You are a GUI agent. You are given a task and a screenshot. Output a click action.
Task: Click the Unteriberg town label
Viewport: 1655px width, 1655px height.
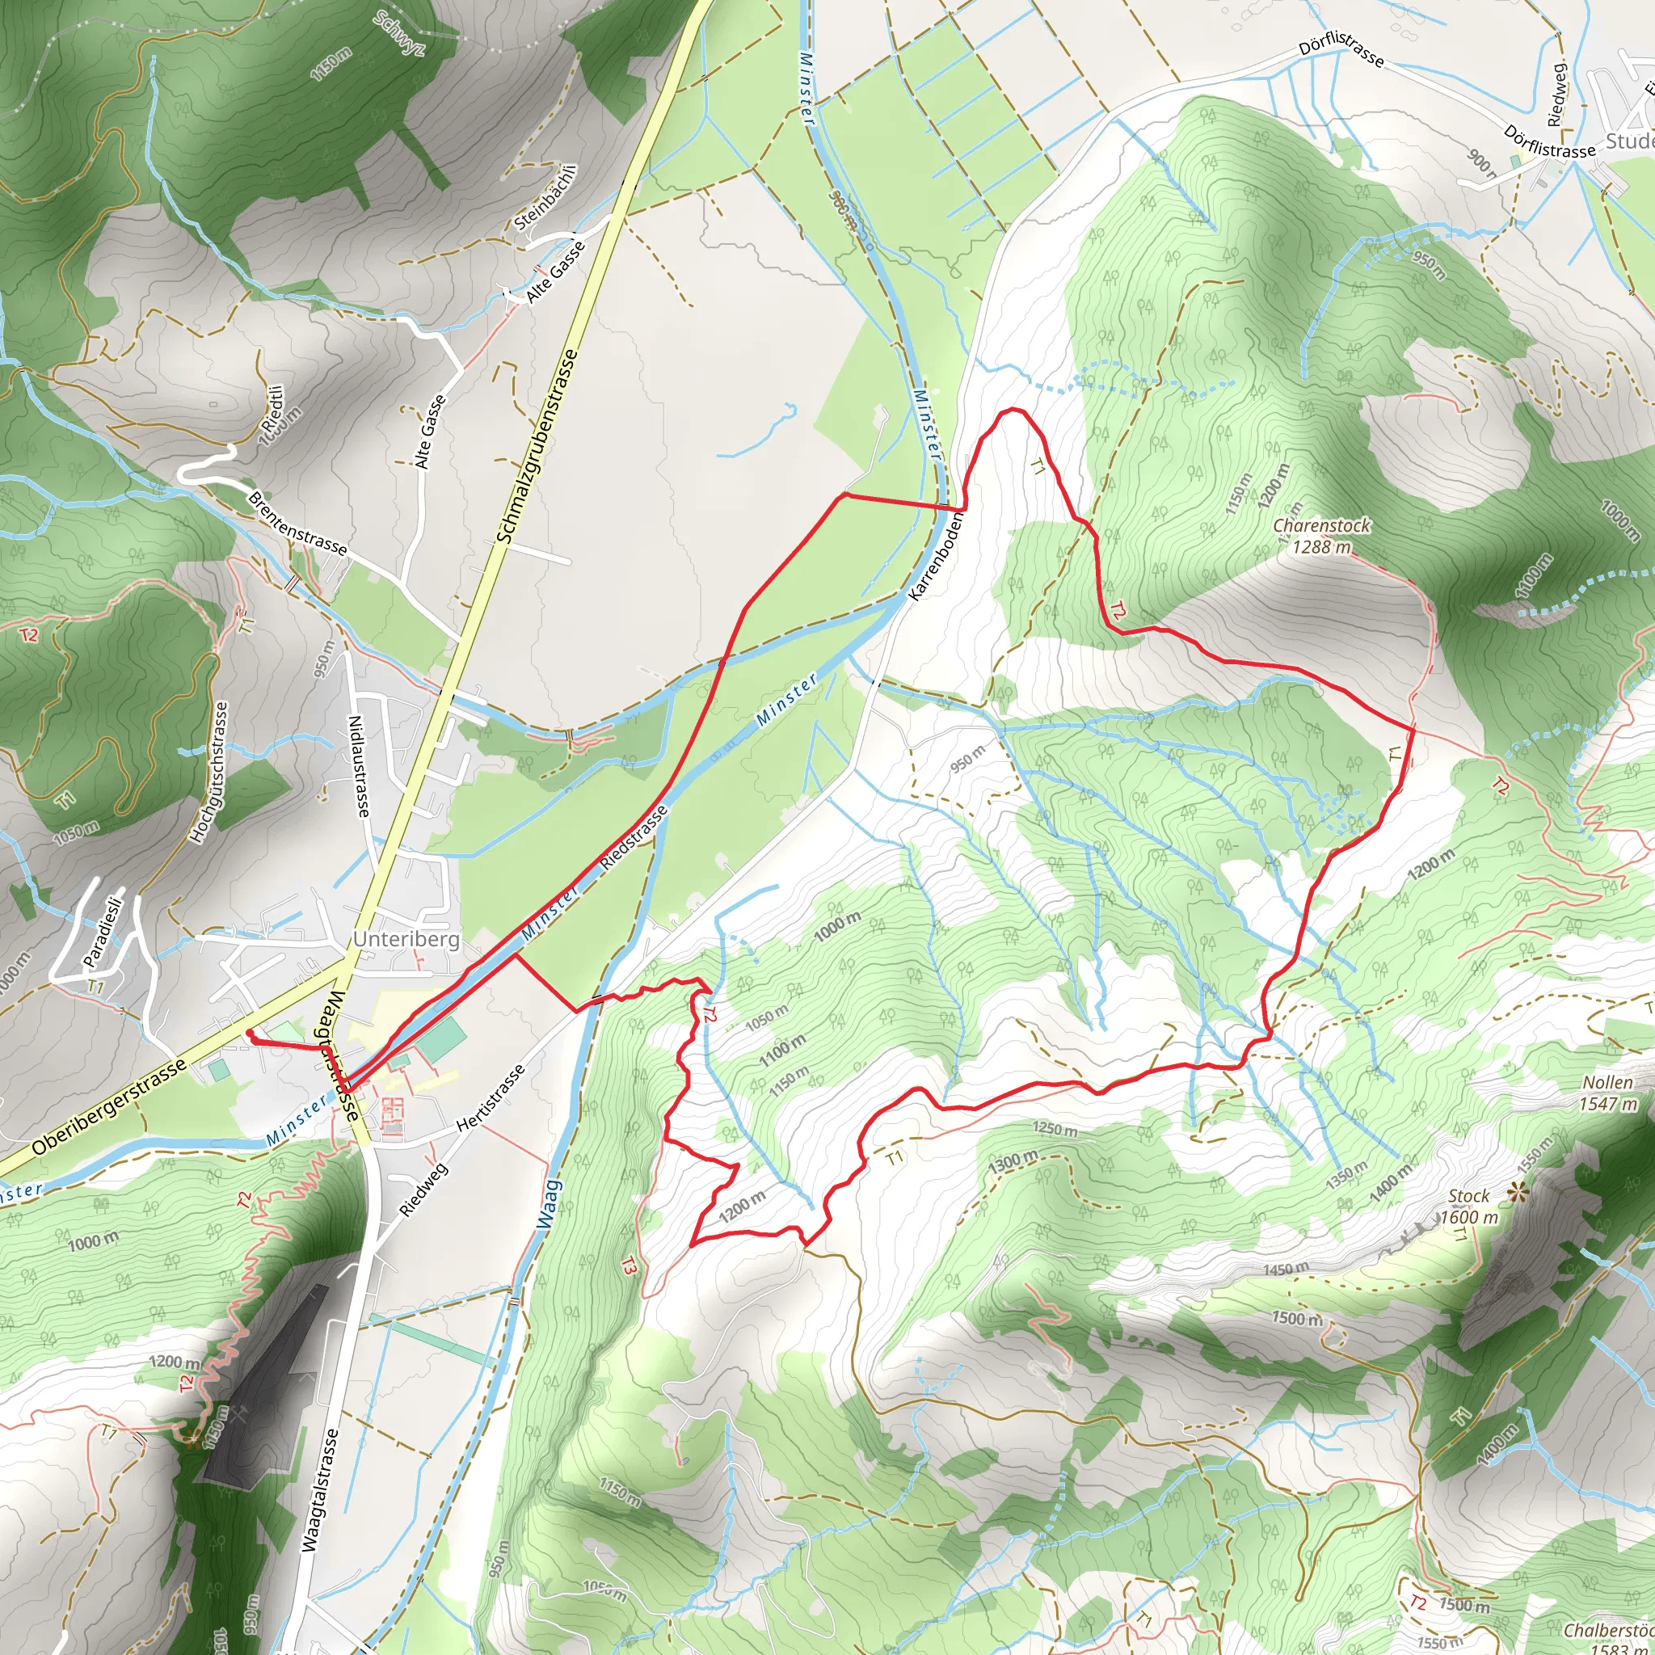(x=406, y=939)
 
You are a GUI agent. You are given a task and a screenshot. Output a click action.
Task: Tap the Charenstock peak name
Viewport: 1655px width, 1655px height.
(x=1321, y=525)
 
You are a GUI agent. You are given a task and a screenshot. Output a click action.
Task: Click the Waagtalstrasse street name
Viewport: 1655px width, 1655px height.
(x=320, y=1489)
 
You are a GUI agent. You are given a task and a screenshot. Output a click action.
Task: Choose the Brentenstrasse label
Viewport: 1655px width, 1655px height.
(x=297, y=523)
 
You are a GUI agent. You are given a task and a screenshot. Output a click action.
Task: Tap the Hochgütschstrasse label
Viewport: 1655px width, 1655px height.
(x=208, y=772)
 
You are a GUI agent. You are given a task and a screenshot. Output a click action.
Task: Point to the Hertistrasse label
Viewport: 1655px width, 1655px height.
(x=491, y=1099)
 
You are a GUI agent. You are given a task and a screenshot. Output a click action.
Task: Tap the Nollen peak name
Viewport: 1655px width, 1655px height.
(x=1607, y=1083)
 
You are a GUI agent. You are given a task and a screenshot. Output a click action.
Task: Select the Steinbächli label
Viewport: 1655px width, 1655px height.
(x=545, y=196)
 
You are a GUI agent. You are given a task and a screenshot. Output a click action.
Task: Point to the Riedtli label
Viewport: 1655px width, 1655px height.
(x=273, y=409)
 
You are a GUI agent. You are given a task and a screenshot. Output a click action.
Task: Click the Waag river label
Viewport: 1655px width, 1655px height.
(x=551, y=1207)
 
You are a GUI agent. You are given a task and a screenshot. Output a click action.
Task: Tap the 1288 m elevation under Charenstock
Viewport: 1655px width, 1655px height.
(x=1321, y=546)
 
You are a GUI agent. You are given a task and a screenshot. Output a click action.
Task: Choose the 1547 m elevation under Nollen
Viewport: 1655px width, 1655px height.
(x=1607, y=1104)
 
